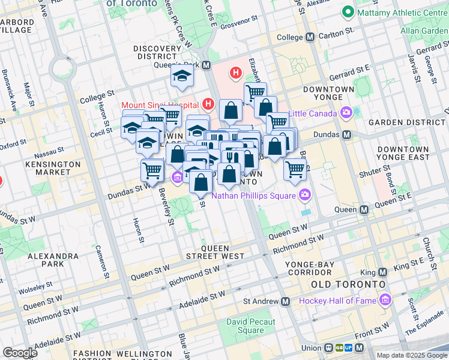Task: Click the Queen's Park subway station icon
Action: click(x=206, y=65)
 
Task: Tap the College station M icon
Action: click(x=310, y=37)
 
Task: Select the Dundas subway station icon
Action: click(x=346, y=135)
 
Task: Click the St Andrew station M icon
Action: click(x=285, y=301)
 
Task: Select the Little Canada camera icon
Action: click(x=346, y=112)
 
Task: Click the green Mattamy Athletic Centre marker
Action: click(x=346, y=11)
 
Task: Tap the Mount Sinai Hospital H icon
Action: click(x=208, y=105)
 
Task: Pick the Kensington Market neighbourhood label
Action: click(x=52, y=168)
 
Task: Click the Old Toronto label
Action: click(x=345, y=283)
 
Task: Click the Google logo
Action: click(x=20, y=353)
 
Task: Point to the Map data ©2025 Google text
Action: click(x=411, y=355)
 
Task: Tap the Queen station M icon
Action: click(x=364, y=210)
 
